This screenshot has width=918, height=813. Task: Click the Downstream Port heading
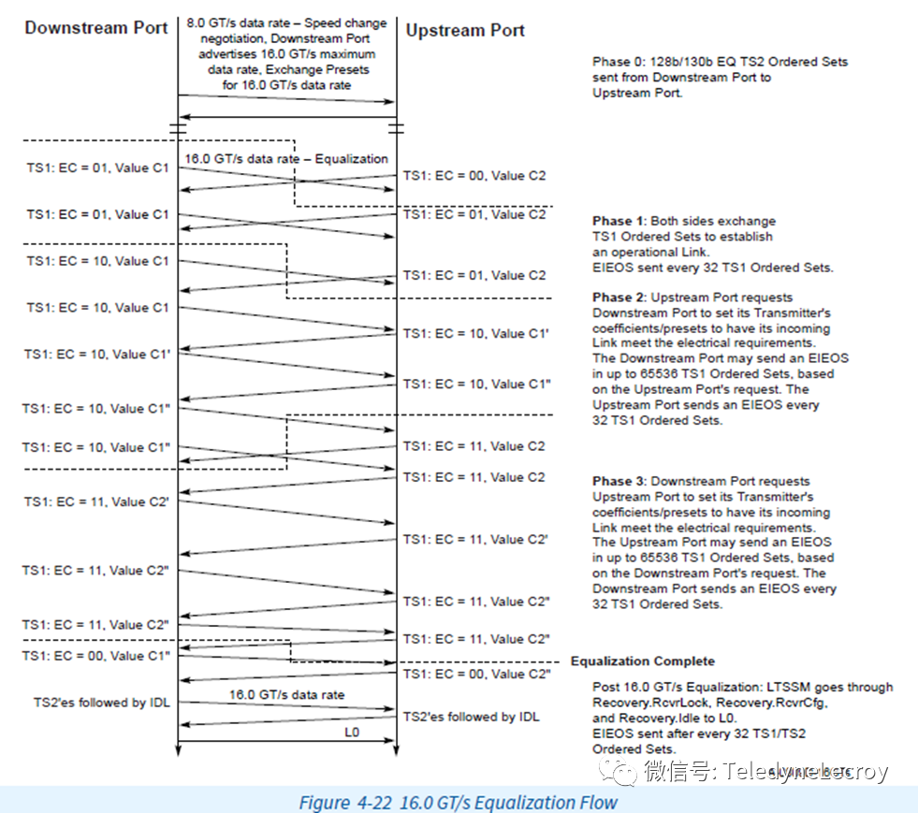click(x=96, y=27)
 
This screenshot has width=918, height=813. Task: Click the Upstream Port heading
click(x=465, y=31)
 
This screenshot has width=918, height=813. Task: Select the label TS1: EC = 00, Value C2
click(x=474, y=175)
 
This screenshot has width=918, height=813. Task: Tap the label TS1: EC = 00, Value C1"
click(x=96, y=656)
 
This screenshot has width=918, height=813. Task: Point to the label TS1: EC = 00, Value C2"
click(x=475, y=674)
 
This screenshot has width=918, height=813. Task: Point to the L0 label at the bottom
click(x=351, y=733)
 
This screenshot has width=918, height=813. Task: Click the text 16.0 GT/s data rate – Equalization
click(x=286, y=159)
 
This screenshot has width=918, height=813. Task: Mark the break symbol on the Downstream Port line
click(x=178, y=124)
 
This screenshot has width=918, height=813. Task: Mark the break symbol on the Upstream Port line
click(x=396, y=124)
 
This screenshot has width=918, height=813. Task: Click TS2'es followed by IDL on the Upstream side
click(x=472, y=718)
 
